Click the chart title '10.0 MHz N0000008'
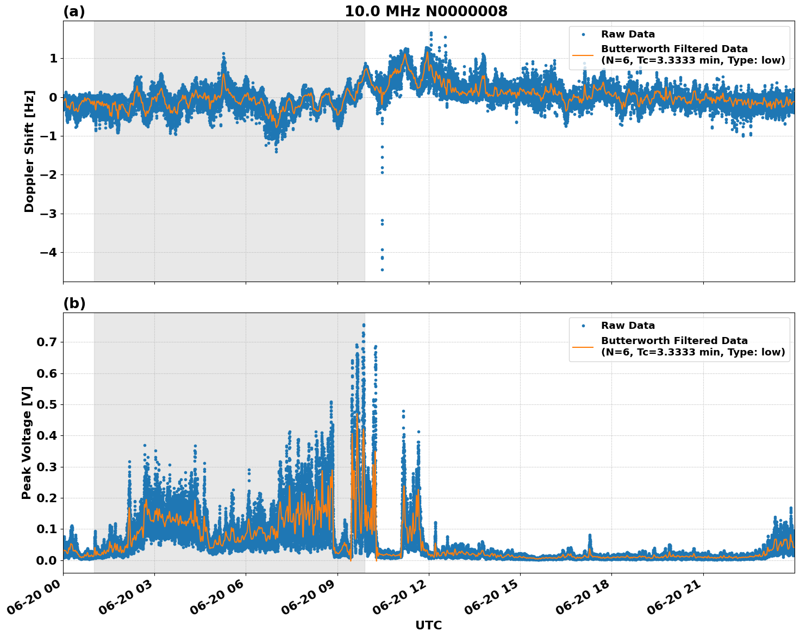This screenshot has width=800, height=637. pyautogui.click(x=426, y=11)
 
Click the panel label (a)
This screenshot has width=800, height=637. pyautogui.click(x=74, y=11)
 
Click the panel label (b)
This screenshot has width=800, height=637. pyautogui.click(x=74, y=303)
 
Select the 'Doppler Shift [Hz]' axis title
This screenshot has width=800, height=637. pyautogui.click(x=29, y=151)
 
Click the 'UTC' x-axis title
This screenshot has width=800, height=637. pyautogui.click(x=428, y=625)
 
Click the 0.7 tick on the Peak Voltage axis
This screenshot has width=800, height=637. pyautogui.click(x=46, y=342)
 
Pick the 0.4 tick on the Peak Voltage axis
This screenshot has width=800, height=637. pyautogui.click(x=46, y=436)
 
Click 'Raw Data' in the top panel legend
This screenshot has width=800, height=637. pyautogui.click(x=628, y=35)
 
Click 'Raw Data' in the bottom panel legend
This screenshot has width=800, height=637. pyautogui.click(x=628, y=326)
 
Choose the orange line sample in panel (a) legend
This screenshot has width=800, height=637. pyautogui.click(x=583, y=55)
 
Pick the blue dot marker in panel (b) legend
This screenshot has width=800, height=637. pyautogui.click(x=583, y=326)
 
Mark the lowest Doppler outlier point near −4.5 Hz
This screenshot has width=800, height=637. pyautogui.click(x=382, y=270)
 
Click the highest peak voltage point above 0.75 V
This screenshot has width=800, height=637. pyautogui.click(x=364, y=325)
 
